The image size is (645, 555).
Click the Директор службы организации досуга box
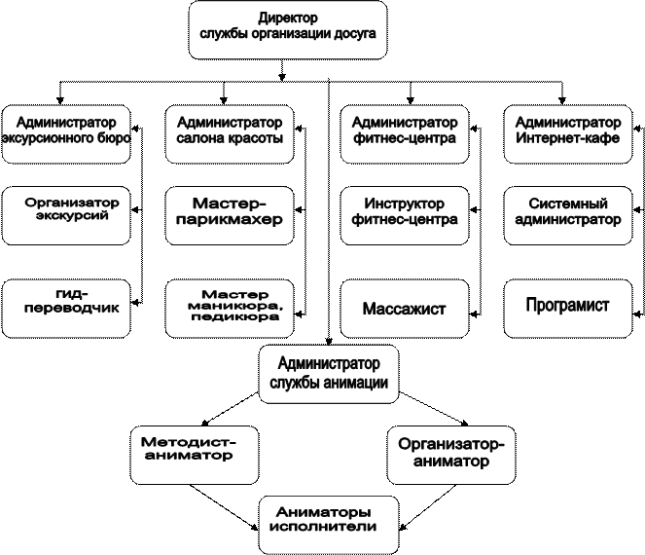[288, 30]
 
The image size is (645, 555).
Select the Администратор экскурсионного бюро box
[66, 134]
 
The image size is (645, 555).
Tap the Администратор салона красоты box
[230, 134]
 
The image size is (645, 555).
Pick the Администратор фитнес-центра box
[405, 134]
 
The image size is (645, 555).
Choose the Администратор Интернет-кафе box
[568, 134]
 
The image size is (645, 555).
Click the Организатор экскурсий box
[66, 216]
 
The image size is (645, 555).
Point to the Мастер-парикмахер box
[230, 216]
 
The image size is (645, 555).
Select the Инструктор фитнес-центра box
[405, 216]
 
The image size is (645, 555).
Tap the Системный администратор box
[568, 216]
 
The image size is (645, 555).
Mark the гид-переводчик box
[66, 309]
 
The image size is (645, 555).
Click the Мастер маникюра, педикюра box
[230, 309]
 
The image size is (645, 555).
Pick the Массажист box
[405, 309]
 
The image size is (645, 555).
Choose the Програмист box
[568, 309]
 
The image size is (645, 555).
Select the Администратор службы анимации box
[329, 374]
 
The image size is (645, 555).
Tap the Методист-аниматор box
[195, 455]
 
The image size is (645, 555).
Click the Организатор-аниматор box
[451, 455]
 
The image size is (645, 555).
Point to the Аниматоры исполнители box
[329, 525]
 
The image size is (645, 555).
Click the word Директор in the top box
[288, 18]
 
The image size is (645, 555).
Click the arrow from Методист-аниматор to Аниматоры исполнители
[224, 507]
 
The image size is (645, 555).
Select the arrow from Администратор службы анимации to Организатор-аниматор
[435, 408]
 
